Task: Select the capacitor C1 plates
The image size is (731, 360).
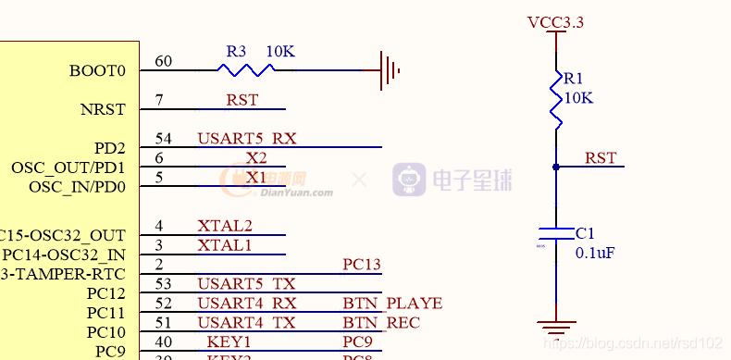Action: coord(556,232)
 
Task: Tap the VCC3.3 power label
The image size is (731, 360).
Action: coord(555,22)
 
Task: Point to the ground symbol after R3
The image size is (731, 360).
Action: coord(390,69)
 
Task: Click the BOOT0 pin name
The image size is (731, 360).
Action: coord(97,70)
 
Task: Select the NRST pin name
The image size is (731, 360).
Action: coord(102,109)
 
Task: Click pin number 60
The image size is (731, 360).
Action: coord(163,61)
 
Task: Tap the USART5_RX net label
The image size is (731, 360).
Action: coord(246,139)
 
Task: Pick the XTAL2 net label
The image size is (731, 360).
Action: coord(225,226)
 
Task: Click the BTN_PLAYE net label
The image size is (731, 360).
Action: coord(392,304)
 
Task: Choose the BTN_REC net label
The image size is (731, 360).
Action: coord(381,323)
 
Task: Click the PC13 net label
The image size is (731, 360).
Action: coord(362,265)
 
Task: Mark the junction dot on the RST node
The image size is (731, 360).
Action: coord(556,167)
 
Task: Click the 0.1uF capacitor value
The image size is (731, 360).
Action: coord(595,253)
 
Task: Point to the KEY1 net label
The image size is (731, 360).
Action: coord(229,342)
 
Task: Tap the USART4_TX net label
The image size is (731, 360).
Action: coord(246,323)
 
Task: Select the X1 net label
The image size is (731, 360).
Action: coord(255,177)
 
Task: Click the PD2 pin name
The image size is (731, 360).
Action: coord(109,148)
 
